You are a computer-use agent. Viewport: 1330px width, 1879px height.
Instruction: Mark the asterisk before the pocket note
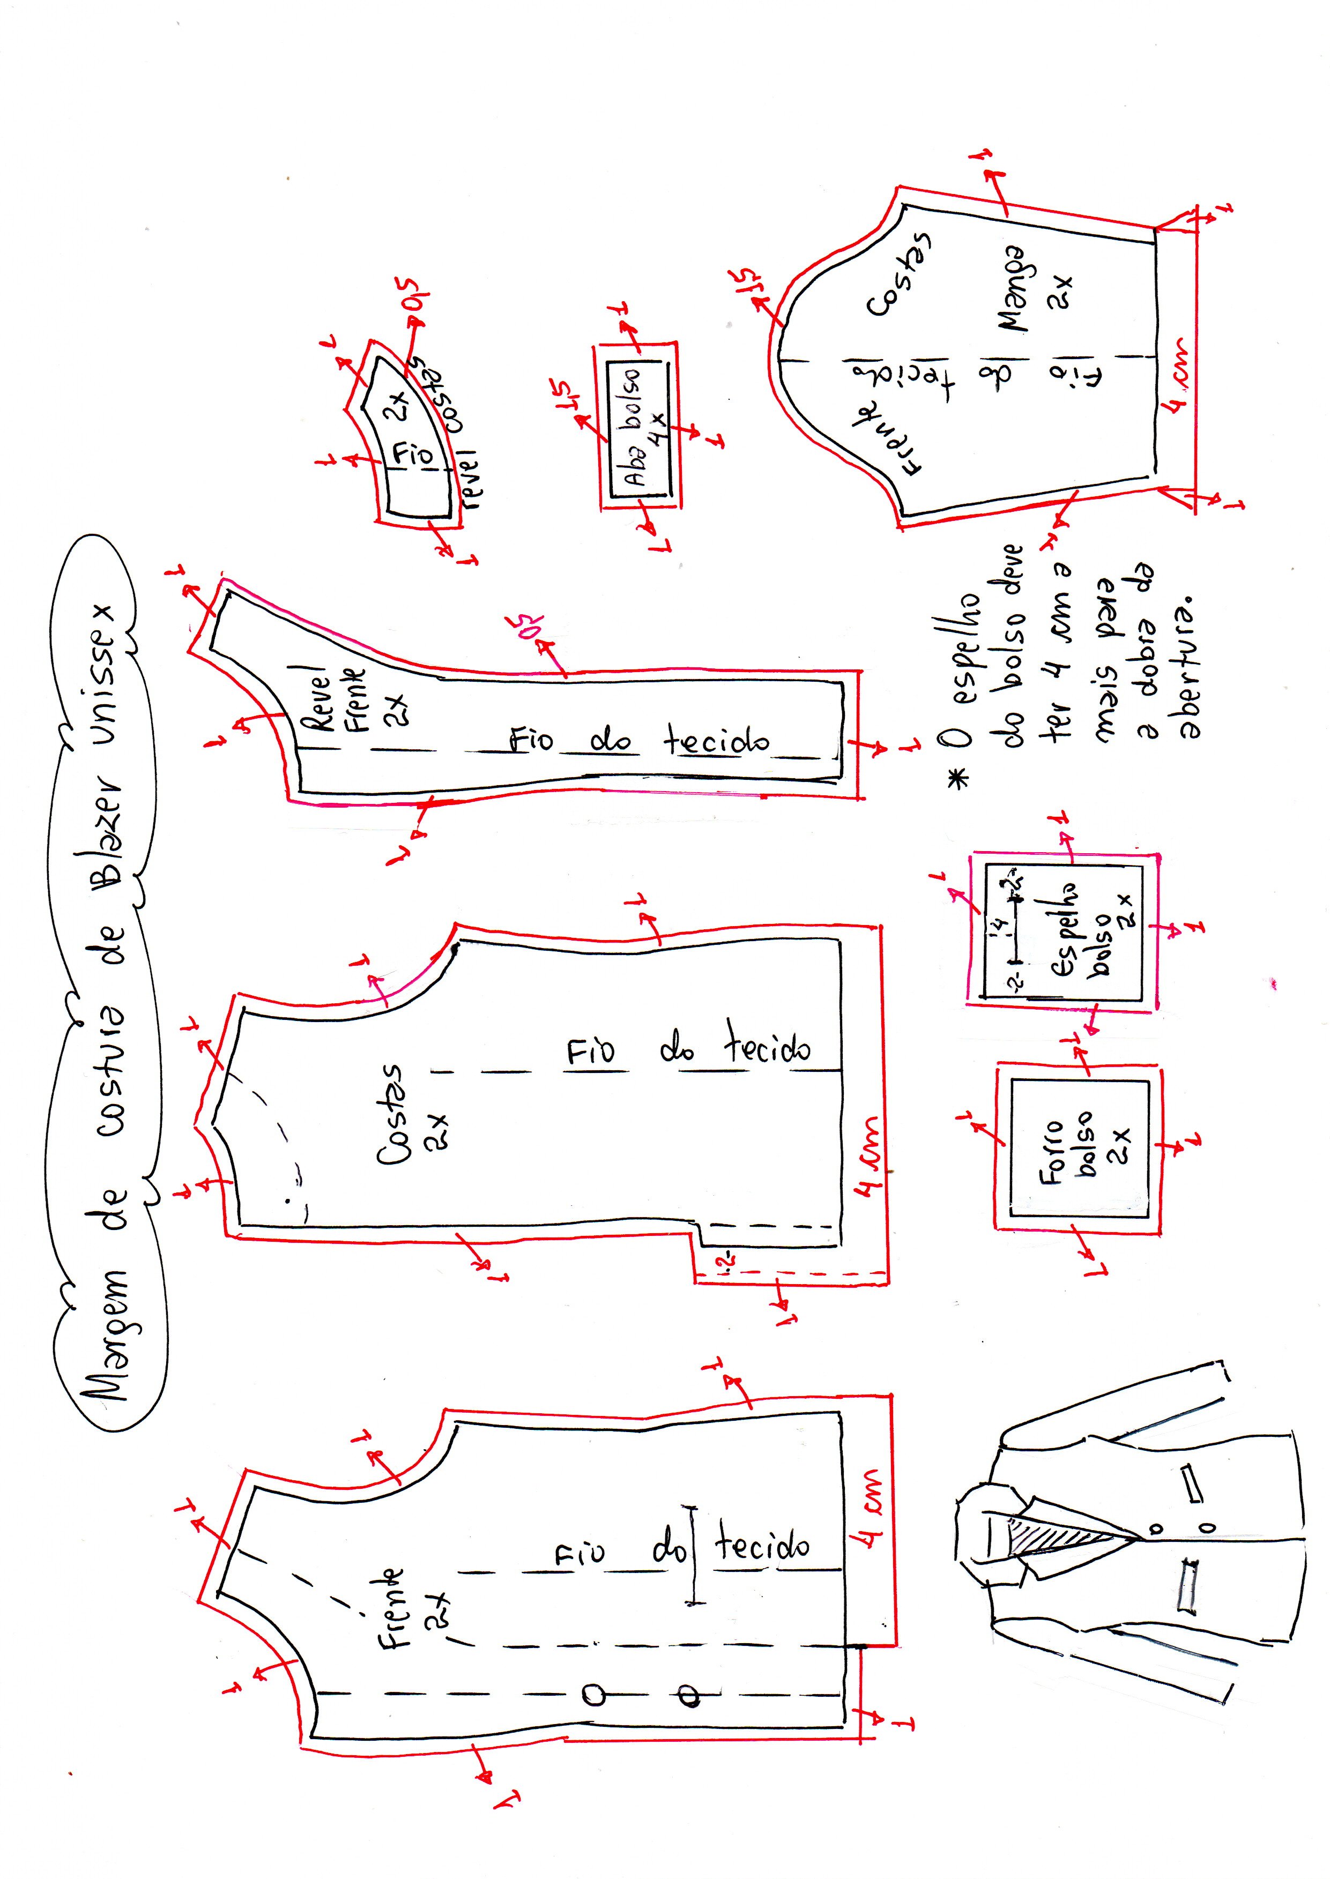(x=957, y=778)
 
